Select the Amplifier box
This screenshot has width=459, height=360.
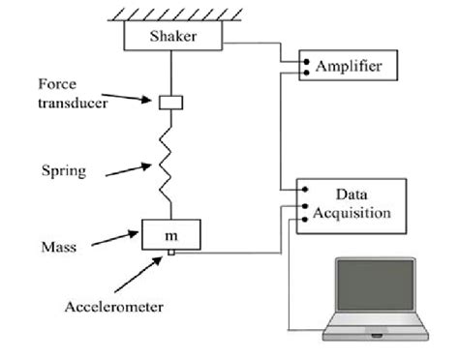tap(348, 67)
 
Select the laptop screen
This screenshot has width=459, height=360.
tap(374, 291)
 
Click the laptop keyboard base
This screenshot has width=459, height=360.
tap(375, 335)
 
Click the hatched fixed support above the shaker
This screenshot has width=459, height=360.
tap(173, 13)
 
